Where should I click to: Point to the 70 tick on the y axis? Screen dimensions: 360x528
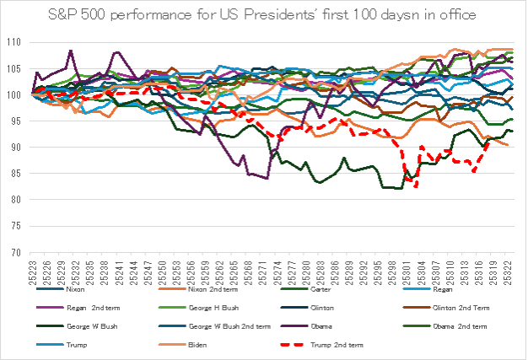tap(17, 252)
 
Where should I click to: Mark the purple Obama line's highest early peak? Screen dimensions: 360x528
tap(71, 51)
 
